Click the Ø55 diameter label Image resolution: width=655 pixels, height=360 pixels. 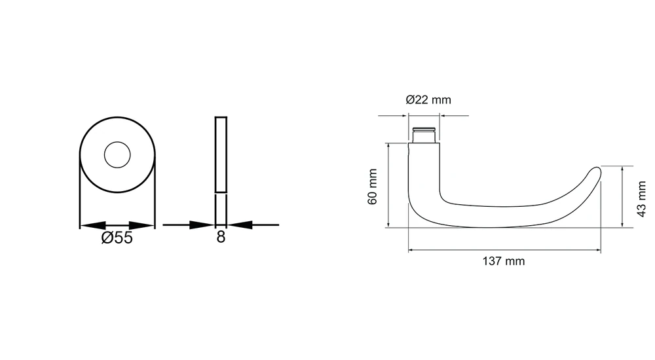[x=117, y=238]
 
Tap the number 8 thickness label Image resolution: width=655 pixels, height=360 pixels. [x=221, y=237]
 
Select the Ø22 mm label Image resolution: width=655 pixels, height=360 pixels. [x=428, y=99]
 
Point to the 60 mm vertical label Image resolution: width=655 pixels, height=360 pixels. [x=373, y=187]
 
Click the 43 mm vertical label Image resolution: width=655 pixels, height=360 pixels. [x=642, y=198]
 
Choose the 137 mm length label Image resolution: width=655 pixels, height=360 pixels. [x=504, y=261]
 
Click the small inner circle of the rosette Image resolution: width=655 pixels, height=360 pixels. [x=117, y=155]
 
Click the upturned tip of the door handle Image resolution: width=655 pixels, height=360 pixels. [x=596, y=171]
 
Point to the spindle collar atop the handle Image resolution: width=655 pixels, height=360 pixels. [x=424, y=135]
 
